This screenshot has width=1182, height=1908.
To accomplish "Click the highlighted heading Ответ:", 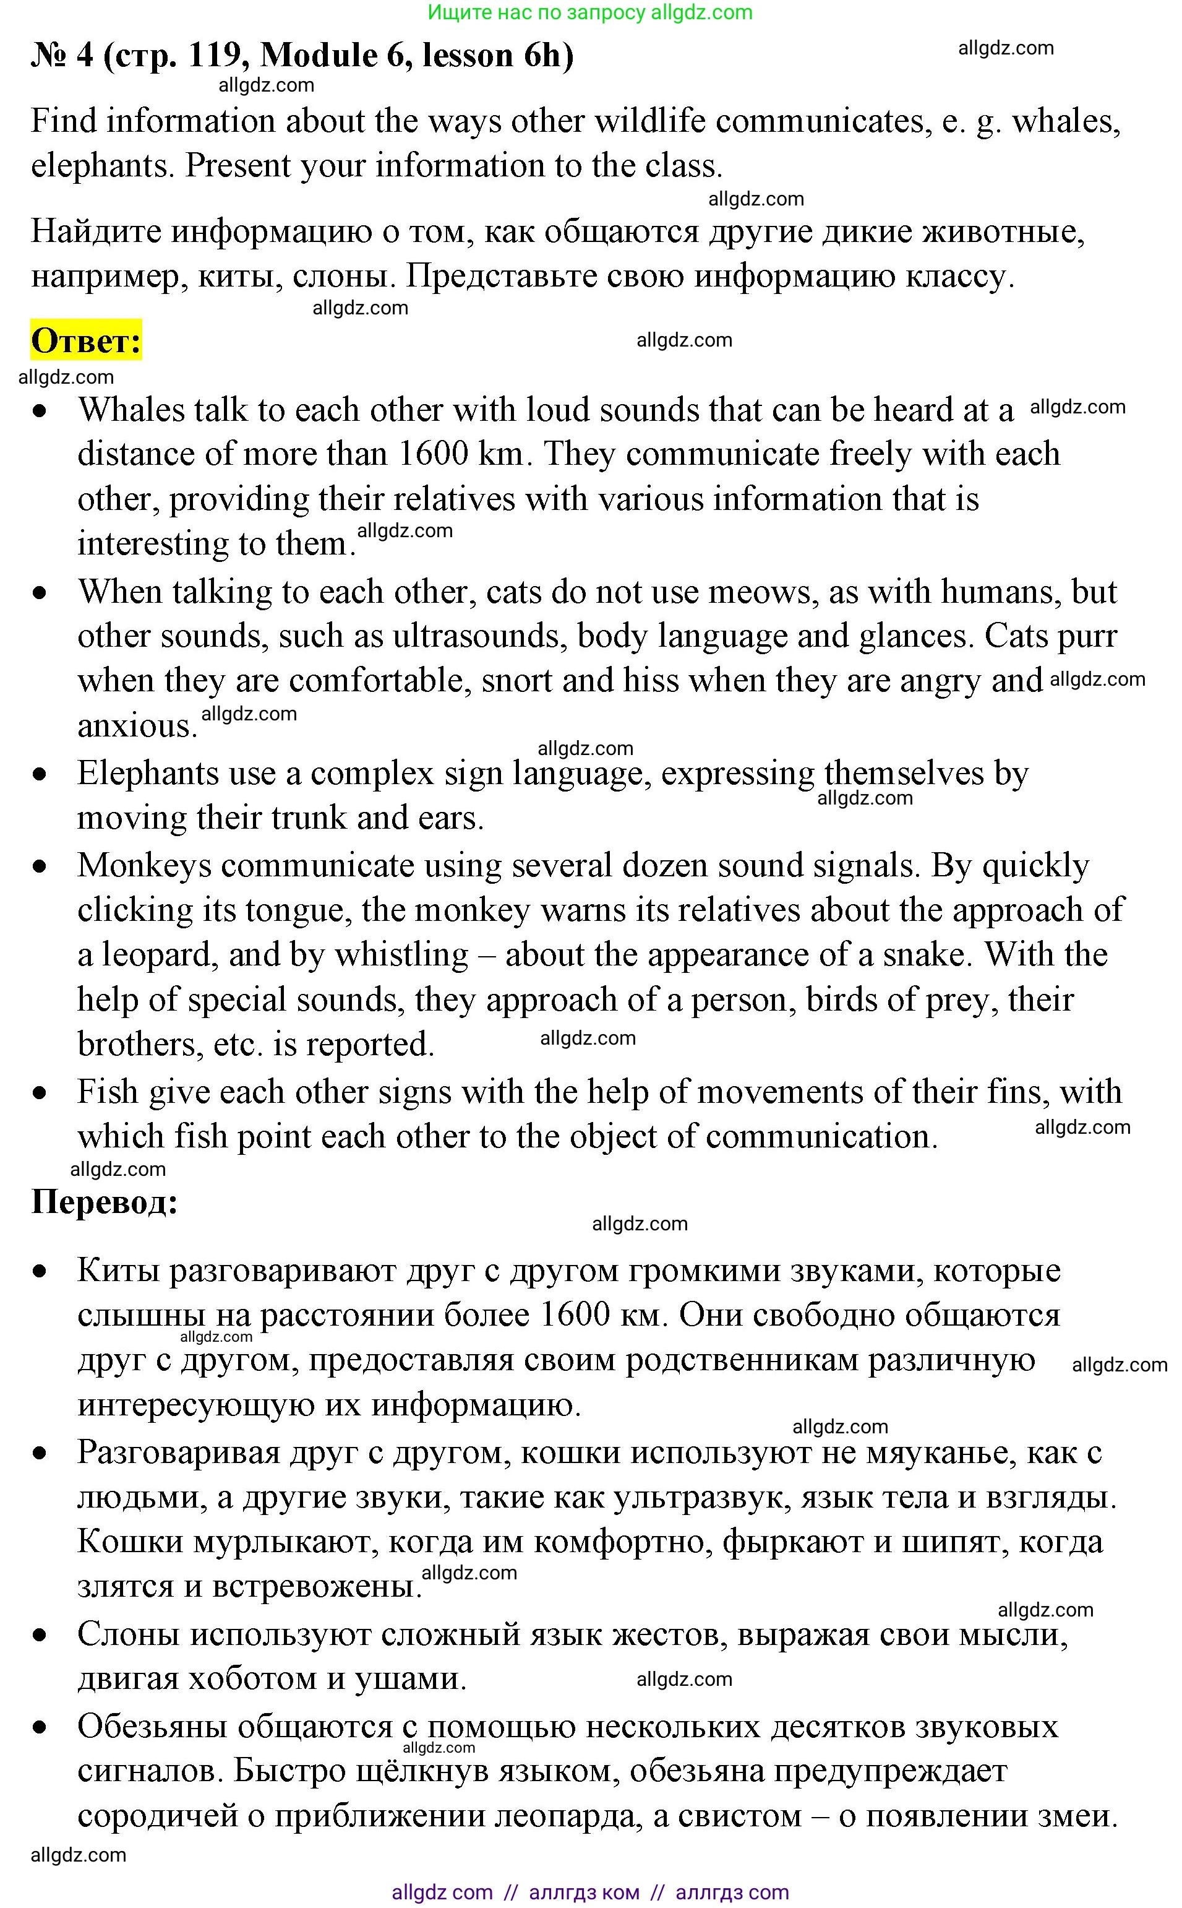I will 86,340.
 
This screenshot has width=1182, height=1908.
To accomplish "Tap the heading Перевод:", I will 104,1201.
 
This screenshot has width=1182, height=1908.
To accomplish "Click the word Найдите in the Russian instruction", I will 95,231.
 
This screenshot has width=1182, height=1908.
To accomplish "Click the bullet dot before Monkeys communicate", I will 40,866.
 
